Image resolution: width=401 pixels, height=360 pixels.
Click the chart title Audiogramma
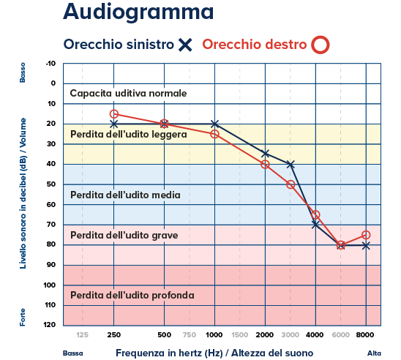tap(138, 13)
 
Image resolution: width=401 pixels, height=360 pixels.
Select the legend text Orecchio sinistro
tap(119, 45)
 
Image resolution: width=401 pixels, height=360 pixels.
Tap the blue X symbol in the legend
tap(185, 45)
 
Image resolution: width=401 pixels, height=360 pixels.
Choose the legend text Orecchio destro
tap(254, 45)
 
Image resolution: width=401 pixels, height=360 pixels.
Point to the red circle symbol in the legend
tap(319, 45)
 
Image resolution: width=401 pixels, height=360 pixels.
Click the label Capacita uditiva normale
tap(128, 94)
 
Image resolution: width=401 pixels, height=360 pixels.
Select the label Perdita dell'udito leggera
tap(129, 135)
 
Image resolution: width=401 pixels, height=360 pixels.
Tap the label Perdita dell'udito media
tap(125, 195)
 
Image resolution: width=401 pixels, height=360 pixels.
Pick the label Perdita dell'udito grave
tap(124, 236)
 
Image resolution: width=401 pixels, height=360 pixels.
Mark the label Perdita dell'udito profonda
tap(132, 296)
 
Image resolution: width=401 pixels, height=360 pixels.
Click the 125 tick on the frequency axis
tap(83, 334)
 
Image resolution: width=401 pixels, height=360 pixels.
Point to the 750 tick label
tap(189, 334)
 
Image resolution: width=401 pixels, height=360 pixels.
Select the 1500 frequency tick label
tap(239, 334)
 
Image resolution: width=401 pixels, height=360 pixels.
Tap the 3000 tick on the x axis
tap(291, 334)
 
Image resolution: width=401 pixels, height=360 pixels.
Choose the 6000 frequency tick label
tap(341, 334)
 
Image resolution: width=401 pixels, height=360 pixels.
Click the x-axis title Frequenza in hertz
tap(219, 352)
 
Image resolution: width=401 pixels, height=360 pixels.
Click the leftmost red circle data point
tap(114, 114)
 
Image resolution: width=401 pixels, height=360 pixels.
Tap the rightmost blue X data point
tap(366, 245)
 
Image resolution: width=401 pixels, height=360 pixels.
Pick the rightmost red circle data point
tap(366, 235)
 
